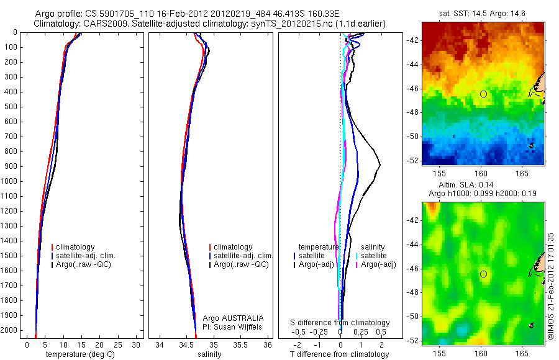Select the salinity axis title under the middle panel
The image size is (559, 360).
coord(208,354)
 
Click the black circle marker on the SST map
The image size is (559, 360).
coord(483,94)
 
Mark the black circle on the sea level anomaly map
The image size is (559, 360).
coord(483,274)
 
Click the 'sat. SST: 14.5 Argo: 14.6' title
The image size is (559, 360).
coord(483,13)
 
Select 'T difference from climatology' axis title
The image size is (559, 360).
coord(339,354)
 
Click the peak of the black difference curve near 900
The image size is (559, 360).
coord(379,164)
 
